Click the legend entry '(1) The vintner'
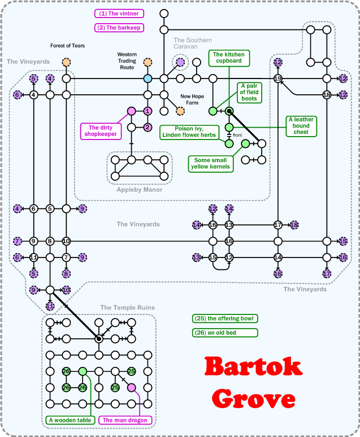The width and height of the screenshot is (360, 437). (119, 14)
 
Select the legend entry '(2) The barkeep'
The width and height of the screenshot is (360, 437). (119, 27)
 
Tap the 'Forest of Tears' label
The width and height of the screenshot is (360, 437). (67, 46)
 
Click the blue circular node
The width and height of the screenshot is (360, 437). (148, 78)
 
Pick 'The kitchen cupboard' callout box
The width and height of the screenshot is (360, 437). (229, 57)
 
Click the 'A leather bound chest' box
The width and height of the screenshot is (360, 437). (301, 126)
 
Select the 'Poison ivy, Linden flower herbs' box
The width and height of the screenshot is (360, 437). (188, 132)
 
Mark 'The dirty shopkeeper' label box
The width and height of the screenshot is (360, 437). (102, 130)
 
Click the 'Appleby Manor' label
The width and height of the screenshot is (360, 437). (140, 190)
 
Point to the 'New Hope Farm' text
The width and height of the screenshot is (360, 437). (192, 99)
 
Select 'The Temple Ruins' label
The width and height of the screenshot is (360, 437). (127, 307)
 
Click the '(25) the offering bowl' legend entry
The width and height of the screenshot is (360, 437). (224, 318)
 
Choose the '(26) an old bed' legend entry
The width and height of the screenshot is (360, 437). (224, 333)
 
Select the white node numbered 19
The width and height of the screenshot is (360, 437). (277, 78)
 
